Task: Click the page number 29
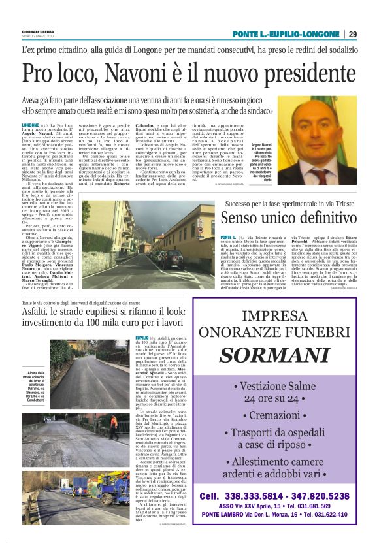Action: (x=352, y=34)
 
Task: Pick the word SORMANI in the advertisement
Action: (x=283, y=355)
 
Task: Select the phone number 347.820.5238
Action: (x=325, y=496)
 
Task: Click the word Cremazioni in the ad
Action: (x=283, y=415)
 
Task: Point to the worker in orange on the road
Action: (x=112, y=422)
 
